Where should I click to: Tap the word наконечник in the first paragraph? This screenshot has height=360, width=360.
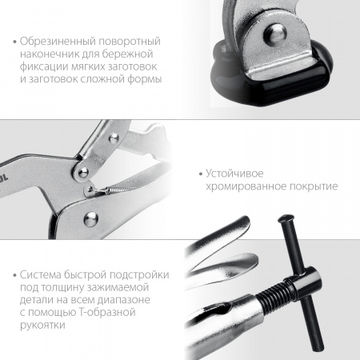[x=49, y=54]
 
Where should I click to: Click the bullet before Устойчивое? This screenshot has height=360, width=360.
[x=198, y=173]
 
